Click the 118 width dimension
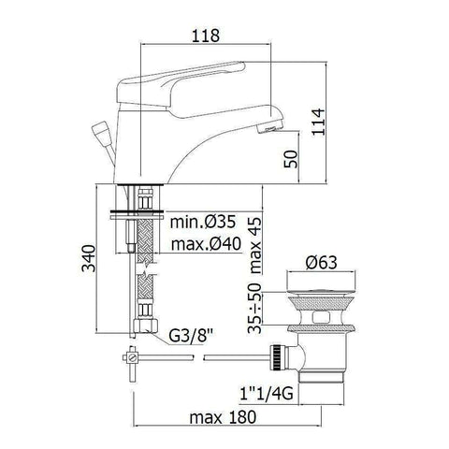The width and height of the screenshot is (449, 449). click(206, 36)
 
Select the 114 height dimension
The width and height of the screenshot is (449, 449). click(318, 122)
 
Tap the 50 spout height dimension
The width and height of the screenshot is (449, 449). click(291, 159)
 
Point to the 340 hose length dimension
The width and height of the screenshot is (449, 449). click(89, 258)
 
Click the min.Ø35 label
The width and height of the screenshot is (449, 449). click(203, 222)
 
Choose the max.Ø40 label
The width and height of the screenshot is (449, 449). click(206, 244)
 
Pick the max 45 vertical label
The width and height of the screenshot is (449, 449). click(255, 245)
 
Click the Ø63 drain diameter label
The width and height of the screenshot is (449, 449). click(322, 263)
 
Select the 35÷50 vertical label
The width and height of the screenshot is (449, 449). click(255, 308)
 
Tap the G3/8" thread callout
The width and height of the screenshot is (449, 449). click(191, 336)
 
